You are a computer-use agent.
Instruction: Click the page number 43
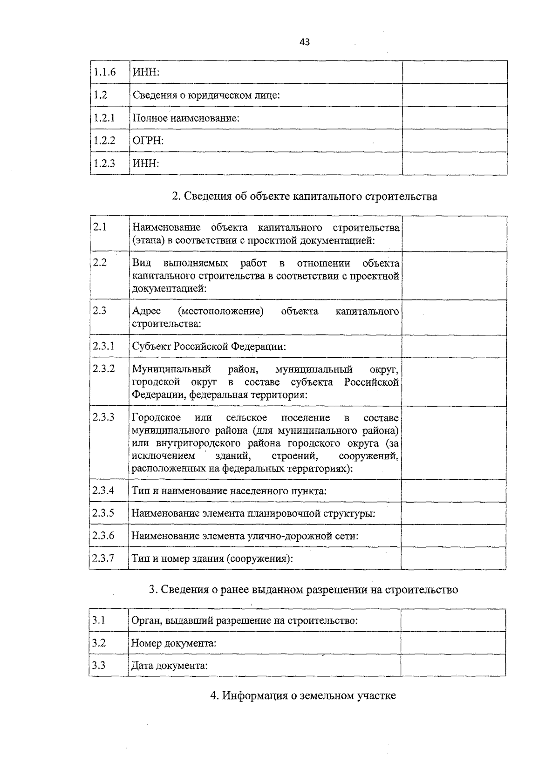tap(304, 42)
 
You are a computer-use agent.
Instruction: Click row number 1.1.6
tap(104, 72)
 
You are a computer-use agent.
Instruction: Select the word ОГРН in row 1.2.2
tap(148, 141)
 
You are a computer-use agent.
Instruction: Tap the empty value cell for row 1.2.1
tap(454, 118)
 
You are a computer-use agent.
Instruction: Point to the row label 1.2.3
tap(104, 163)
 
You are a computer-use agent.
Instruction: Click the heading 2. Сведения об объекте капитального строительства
tap(304, 197)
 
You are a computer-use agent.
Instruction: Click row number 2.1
tap(100, 227)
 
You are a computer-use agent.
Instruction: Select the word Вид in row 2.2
tap(142, 263)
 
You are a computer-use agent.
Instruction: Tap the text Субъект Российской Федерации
tap(209, 347)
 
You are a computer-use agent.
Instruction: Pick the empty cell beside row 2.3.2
tap(454, 382)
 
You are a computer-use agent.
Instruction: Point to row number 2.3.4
tap(103, 490)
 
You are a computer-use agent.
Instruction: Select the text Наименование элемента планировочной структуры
tap(253, 513)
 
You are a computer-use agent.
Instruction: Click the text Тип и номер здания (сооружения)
tap(212, 558)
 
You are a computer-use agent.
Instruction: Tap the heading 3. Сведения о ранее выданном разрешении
tap(303, 590)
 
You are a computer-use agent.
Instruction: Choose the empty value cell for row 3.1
tap(453, 620)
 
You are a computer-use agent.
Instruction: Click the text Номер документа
tap(174, 643)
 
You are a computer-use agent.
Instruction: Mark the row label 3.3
tap(99, 665)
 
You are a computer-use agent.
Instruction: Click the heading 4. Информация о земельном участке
tap(303, 696)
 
